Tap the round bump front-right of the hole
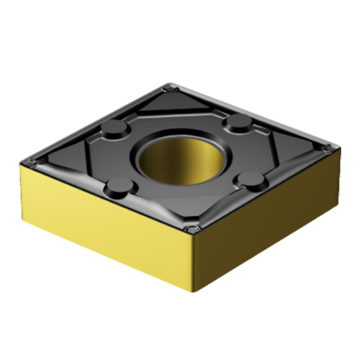tap(252, 180)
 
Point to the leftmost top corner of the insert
tap(26, 160)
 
